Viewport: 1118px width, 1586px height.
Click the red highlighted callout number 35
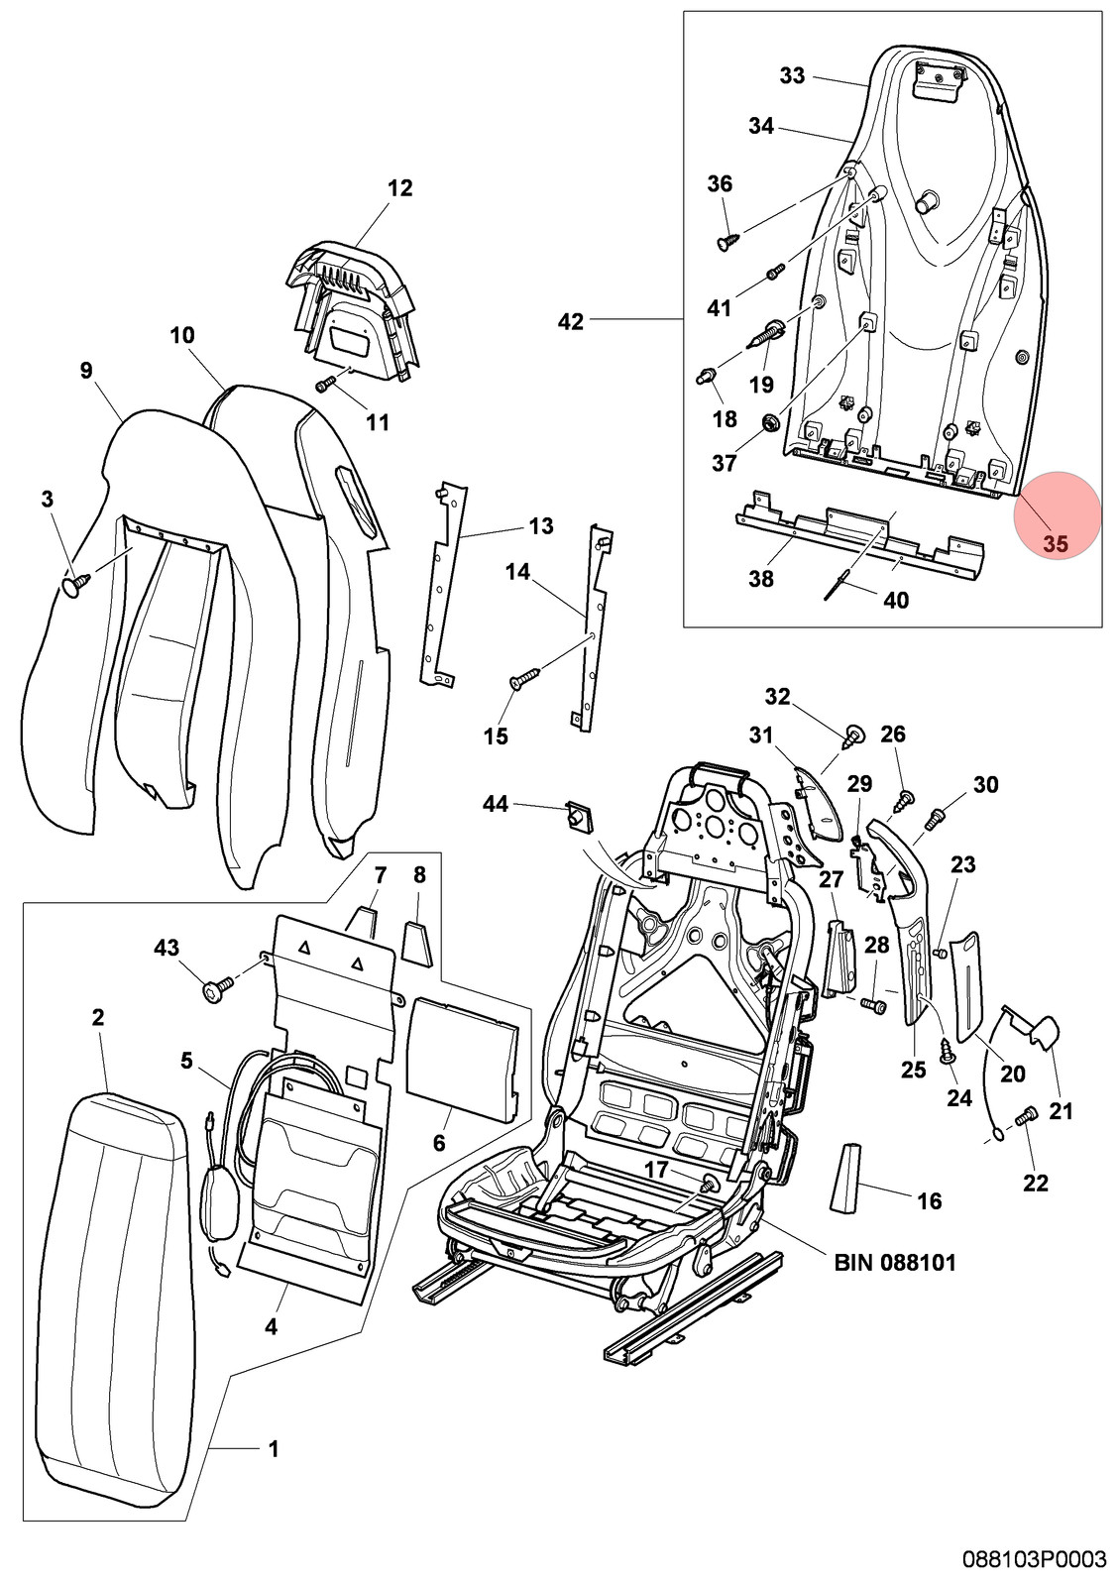(x=1055, y=544)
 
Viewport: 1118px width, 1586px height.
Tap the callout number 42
(x=571, y=322)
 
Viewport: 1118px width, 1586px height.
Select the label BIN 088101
(x=895, y=1262)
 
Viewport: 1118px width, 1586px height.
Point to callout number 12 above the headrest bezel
(x=399, y=188)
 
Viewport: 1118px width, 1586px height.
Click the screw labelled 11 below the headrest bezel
(x=326, y=384)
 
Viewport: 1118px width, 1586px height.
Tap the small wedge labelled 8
(x=417, y=941)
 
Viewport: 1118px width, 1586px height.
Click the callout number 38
(x=762, y=579)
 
